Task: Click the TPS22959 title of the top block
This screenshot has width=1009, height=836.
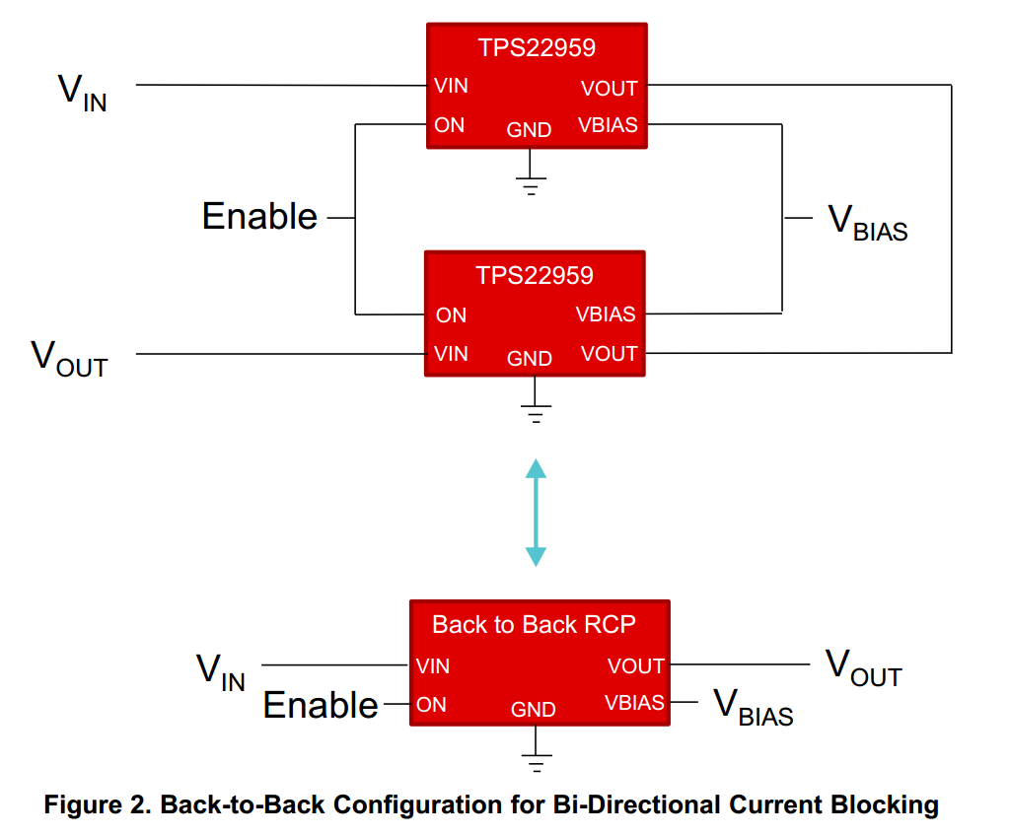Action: pos(537,47)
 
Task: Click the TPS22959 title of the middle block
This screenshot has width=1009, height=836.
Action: pos(535,275)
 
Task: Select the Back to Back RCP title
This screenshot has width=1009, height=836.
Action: pos(535,624)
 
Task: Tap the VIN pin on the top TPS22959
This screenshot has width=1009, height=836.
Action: pos(451,86)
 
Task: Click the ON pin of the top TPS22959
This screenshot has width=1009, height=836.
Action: pos(449,125)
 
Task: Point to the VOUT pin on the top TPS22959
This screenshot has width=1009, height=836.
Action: pos(609,88)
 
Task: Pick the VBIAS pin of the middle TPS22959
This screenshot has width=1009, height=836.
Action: pos(605,313)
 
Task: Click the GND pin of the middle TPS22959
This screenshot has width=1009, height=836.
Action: pos(529,358)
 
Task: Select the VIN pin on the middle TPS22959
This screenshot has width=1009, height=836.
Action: pos(451,354)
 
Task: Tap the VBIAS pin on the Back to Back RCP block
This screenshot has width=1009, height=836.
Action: pos(634,702)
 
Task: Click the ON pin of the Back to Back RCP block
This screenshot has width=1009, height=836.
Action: pos(431,705)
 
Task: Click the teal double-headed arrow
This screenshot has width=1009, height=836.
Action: pos(536,513)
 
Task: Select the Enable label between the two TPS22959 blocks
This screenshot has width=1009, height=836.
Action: pos(259,216)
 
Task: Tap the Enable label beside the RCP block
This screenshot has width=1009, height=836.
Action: pos(321,705)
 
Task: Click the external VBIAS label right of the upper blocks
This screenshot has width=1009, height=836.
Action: pos(867,223)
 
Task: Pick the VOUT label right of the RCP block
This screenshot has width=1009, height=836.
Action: pos(864,667)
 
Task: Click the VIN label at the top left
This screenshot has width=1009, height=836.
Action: pos(83,93)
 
